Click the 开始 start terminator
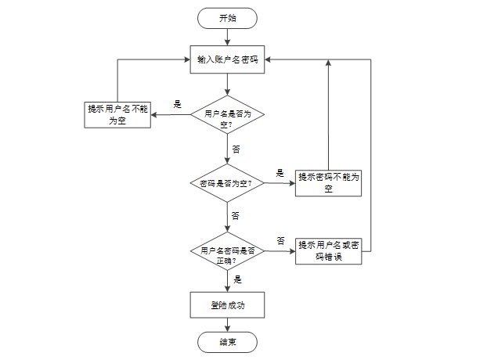(x=227, y=18)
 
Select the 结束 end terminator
(x=227, y=342)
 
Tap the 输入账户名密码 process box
(x=227, y=59)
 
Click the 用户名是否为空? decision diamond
(x=227, y=114)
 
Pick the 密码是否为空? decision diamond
(x=227, y=183)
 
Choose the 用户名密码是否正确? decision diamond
(x=227, y=251)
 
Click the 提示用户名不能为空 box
(x=117, y=115)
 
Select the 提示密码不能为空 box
(x=328, y=183)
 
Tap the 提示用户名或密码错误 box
(x=329, y=251)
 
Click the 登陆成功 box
(x=227, y=305)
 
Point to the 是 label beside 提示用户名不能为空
(x=177, y=104)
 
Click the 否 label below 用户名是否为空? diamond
(x=236, y=149)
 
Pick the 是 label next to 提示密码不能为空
(x=280, y=173)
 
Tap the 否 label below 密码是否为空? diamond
(x=236, y=216)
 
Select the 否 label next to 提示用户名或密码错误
(x=280, y=240)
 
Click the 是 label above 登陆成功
(x=237, y=279)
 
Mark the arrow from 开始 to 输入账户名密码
(x=227, y=38)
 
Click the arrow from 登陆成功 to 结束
(x=227, y=325)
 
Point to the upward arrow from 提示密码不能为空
(x=328, y=115)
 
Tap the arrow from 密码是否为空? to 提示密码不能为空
(x=280, y=183)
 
